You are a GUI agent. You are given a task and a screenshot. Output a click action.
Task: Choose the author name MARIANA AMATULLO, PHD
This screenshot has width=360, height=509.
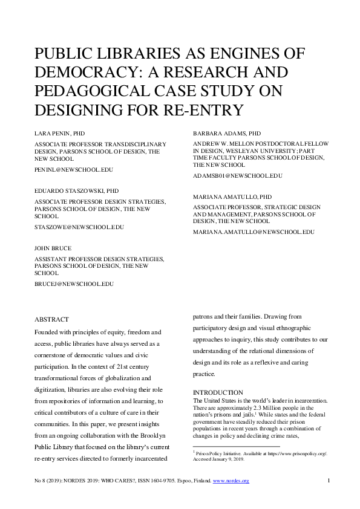(x=232, y=197)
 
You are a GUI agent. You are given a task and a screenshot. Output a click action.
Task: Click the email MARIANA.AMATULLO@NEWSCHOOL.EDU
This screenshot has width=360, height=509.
(x=254, y=232)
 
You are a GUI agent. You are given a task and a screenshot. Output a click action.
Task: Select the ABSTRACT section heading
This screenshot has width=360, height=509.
(x=51, y=319)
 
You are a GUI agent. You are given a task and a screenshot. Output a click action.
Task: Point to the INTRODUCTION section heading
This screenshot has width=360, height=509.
(x=218, y=392)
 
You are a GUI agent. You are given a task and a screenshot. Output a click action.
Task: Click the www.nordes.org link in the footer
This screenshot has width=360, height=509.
(x=231, y=481)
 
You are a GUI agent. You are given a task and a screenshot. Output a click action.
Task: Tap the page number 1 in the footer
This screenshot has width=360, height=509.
(x=327, y=481)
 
